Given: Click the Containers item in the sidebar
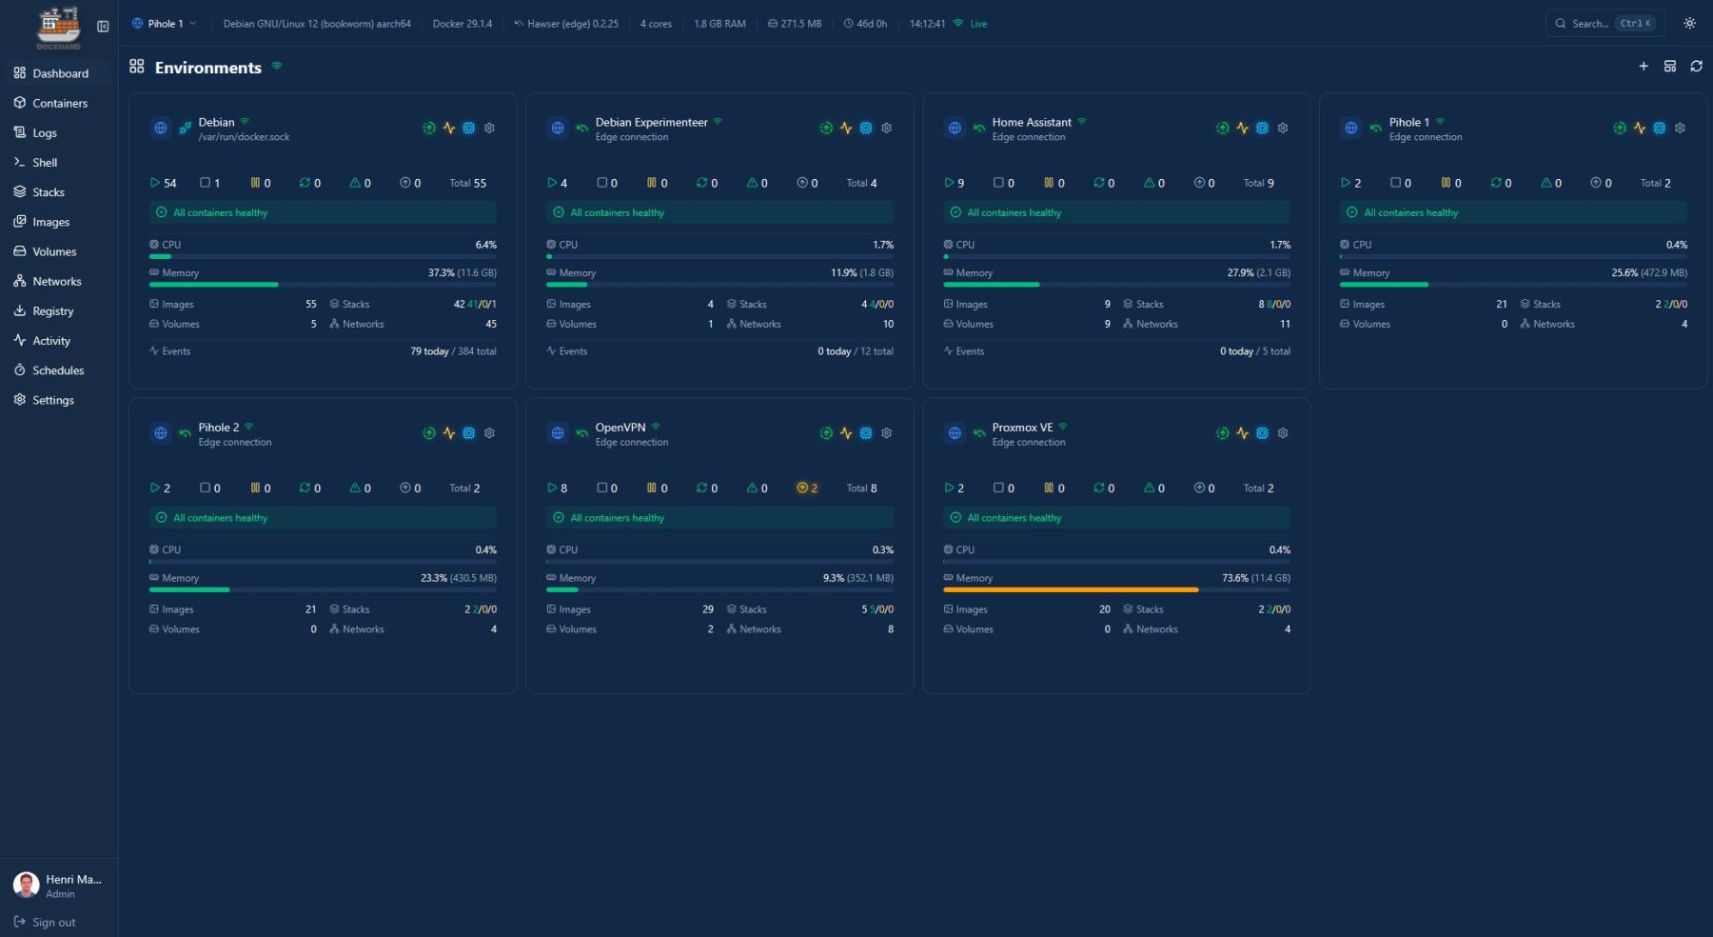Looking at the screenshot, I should [x=59, y=103].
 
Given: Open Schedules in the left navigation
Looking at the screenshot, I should [x=58, y=370].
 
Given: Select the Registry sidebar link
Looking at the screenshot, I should [x=52, y=311].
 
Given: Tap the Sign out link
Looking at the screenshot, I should [x=53, y=922].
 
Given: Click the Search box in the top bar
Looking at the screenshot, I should [x=1604, y=24].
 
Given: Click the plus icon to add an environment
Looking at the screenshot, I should [x=1644, y=67].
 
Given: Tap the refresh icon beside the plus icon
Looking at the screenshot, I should [x=1696, y=67].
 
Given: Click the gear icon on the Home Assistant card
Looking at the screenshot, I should [x=1283, y=128].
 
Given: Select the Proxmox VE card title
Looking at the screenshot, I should [x=1022, y=428].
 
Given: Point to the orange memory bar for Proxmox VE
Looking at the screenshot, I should [x=1071, y=590].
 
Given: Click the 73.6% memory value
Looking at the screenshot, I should [x=1235, y=578].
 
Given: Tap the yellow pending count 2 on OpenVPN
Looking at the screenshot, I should [x=808, y=488].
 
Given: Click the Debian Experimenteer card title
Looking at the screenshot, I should [x=651, y=122].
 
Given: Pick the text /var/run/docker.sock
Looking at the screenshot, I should [x=244, y=137].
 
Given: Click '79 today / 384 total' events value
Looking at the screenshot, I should [x=453, y=351].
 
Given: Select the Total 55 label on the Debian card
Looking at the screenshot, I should [x=467, y=183].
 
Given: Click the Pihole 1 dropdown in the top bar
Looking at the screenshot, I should [x=164, y=24].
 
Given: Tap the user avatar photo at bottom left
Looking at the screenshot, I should [x=26, y=885].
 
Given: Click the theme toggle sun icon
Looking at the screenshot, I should [x=1689, y=24].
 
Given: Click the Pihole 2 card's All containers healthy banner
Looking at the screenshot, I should [x=323, y=518].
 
